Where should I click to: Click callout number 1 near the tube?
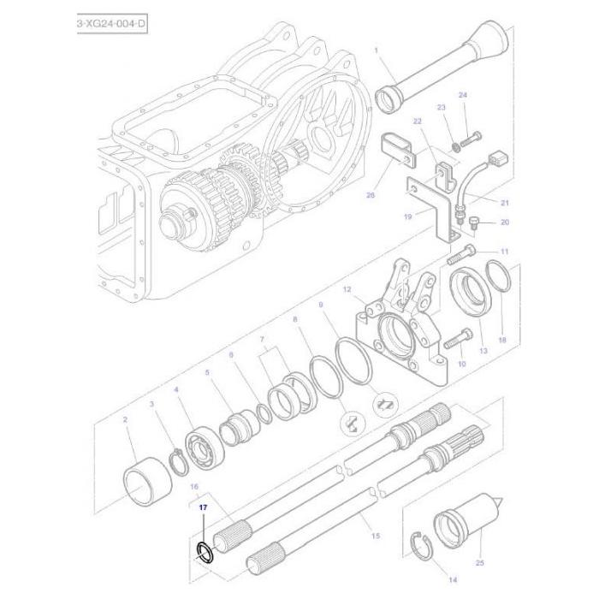(376, 50)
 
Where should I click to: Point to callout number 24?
(462, 95)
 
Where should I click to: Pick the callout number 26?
(370, 195)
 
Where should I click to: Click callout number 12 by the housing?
(347, 291)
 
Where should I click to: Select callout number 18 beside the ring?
(502, 340)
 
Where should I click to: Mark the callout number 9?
(320, 304)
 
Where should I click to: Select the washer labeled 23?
(453, 145)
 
